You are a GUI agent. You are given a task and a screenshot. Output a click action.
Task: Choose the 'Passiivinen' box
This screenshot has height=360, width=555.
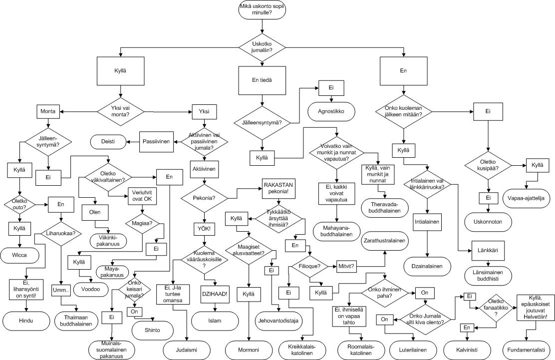click(156, 141)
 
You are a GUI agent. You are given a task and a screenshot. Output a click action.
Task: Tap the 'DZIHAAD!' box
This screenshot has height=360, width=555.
click(215, 294)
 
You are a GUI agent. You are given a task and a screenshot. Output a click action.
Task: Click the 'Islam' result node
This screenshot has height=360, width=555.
click(215, 320)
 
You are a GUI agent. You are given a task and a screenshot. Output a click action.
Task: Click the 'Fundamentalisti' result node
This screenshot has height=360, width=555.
click(528, 348)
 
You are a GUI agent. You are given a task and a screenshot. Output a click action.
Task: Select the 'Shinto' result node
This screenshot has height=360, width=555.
click(152, 331)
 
